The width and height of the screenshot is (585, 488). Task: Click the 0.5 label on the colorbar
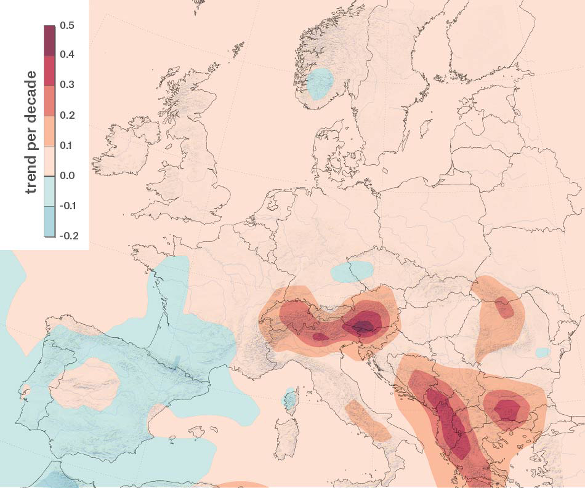tap(67, 25)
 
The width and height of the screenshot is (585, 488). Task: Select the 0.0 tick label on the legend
tap(67, 176)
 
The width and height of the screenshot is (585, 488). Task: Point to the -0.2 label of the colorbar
tap(69, 236)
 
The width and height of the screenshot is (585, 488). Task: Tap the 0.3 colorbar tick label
tap(67, 84)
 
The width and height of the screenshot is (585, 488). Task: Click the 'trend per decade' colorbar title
tap(31, 132)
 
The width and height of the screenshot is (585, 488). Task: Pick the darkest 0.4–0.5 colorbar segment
tap(49, 41)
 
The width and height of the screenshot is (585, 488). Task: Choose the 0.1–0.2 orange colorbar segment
tap(49, 131)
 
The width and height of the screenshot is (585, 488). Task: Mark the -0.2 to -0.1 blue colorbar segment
tap(49, 221)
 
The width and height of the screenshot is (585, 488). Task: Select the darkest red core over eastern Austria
tap(362, 326)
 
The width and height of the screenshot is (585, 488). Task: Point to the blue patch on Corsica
tap(289, 400)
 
